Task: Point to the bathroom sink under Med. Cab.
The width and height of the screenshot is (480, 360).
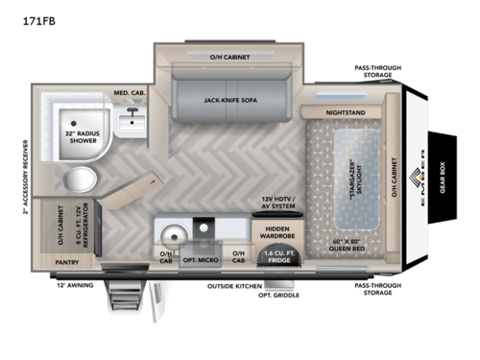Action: pyautogui.click(x=131, y=121)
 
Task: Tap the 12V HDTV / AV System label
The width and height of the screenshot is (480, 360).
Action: pyautogui.click(x=276, y=205)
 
